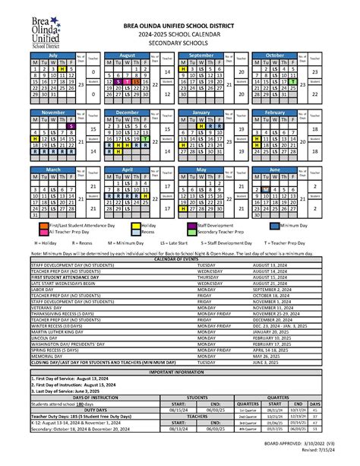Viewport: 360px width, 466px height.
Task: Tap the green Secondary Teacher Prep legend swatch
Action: pyautogui.click(x=191, y=233)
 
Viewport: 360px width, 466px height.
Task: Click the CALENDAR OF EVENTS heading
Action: pyautogui.click(x=180, y=259)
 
